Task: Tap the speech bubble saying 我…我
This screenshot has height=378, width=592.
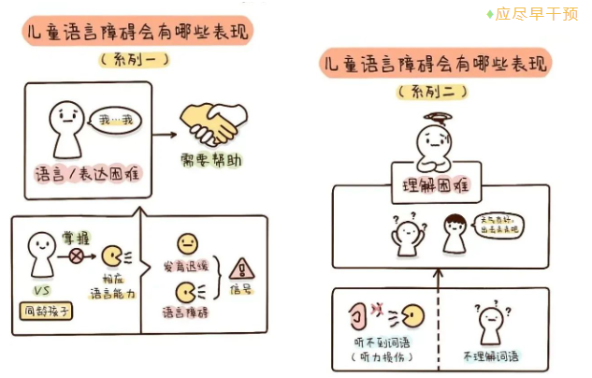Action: [x=116, y=120]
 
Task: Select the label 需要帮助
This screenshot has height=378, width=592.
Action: [x=211, y=161]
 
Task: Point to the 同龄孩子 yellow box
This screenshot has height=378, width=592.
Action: [x=44, y=309]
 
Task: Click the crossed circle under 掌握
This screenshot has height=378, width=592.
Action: [x=77, y=254]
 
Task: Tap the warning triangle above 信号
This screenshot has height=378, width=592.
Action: [x=240, y=268]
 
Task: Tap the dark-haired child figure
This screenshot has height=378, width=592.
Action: [x=455, y=235]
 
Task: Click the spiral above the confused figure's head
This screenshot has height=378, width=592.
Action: [x=435, y=118]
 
